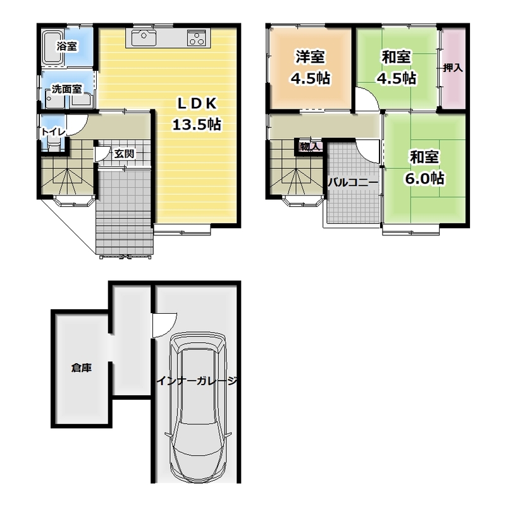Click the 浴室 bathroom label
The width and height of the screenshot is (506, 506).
[67, 46]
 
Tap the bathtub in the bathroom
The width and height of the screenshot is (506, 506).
[53, 47]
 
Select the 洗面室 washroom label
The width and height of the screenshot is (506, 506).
[67, 89]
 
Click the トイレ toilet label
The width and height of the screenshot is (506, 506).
[53, 132]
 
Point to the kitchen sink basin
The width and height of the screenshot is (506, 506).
[144, 38]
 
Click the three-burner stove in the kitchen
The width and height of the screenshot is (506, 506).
[197, 38]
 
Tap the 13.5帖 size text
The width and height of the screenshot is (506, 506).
[197, 124]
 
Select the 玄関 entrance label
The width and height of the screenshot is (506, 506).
[124, 154]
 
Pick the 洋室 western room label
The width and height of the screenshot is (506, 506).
[311, 57]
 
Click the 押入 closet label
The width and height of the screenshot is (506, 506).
[453, 68]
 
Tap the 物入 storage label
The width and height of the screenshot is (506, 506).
[310, 147]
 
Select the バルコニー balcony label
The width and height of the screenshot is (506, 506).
[353, 183]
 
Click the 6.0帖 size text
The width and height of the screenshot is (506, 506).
[424, 178]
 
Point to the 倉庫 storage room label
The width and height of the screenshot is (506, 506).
[82, 367]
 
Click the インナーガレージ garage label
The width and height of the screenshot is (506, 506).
[197, 381]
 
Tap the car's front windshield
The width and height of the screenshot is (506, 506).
[197, 347]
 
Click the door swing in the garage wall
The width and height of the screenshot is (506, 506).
[164, 325]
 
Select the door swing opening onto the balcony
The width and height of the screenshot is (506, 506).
[368, 152]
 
